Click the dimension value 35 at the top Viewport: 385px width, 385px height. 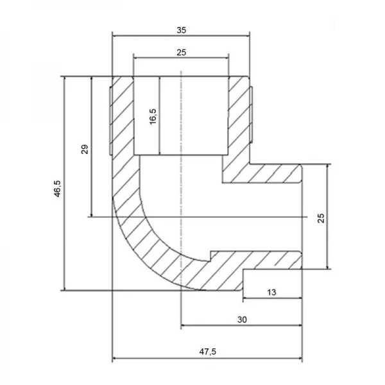(180, 30)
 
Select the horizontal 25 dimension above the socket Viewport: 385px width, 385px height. (181, 51)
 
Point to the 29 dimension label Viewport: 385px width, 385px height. (85, 150)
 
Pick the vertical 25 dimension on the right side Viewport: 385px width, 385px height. (321, 218)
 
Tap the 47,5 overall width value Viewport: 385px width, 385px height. (207, 352)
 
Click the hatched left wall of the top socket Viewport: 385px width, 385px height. (123, 116)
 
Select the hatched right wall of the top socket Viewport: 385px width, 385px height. (238, 116)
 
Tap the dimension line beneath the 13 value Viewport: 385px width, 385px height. (273, 298)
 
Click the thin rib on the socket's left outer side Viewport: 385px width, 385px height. (110, 119)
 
